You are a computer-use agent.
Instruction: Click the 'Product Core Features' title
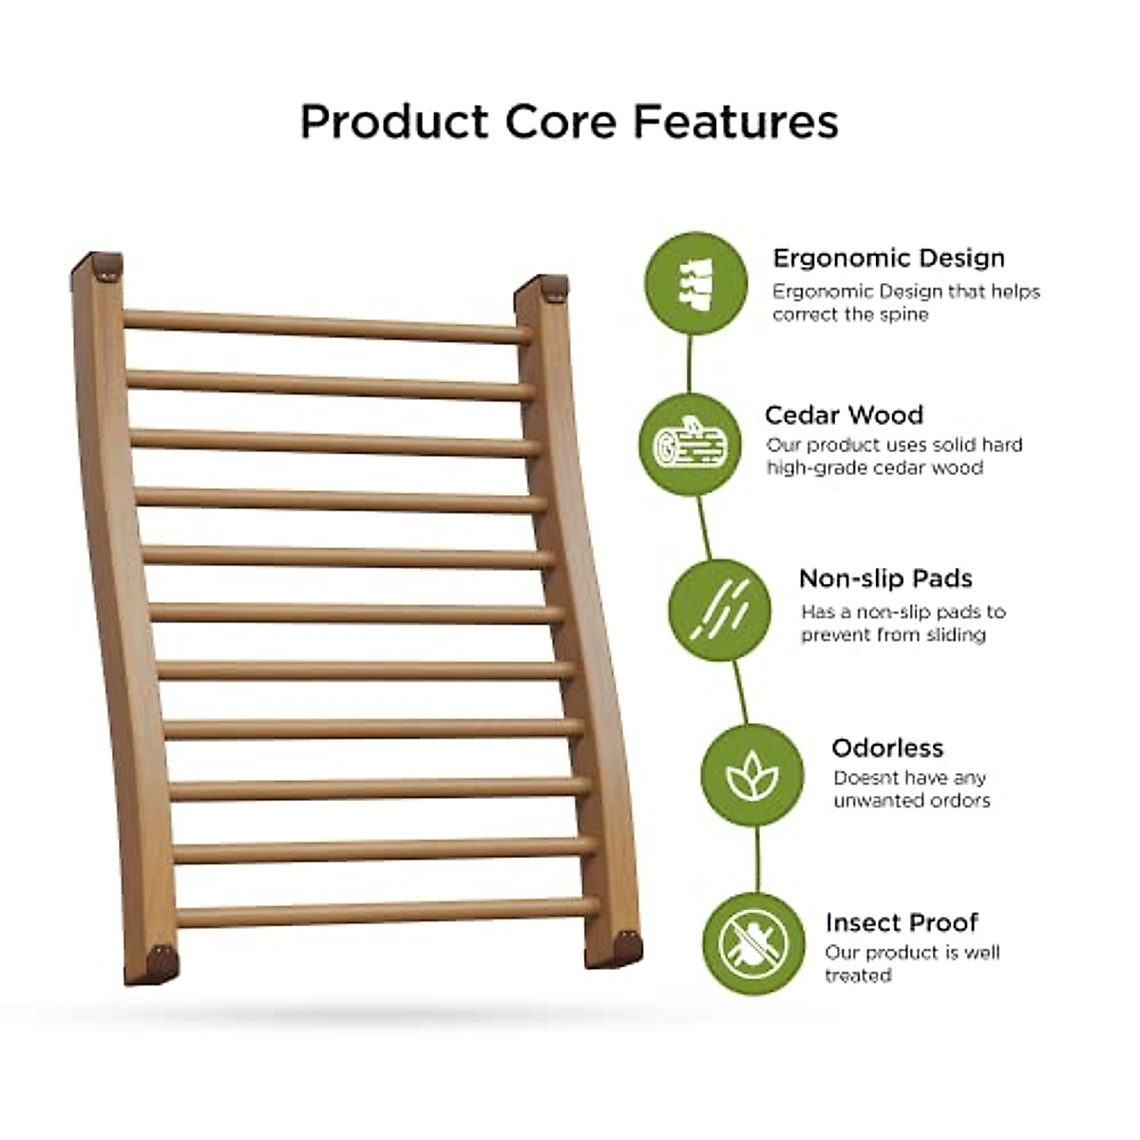pos(569,122)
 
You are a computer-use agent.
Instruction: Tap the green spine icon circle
pos(695,283)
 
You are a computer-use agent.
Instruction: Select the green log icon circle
pos(690,445)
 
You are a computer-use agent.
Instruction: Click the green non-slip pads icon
pos(720,609)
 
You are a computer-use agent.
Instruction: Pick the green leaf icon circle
pos(751,775)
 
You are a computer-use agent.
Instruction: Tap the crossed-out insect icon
pos(753,944)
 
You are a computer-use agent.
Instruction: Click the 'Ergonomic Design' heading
pos(888,258)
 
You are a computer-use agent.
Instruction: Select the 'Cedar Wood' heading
pos(844,415)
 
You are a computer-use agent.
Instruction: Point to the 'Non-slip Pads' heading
pos(885,579)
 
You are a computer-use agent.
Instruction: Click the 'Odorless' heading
pos(887,749)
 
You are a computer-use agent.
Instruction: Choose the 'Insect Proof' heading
pos(902,922)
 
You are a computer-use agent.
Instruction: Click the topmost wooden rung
pos(327,327)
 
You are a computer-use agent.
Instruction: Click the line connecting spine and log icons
pos(689,364)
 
